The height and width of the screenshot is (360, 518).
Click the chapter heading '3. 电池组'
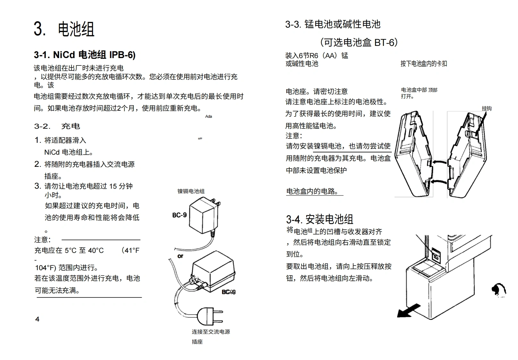pos(64,29)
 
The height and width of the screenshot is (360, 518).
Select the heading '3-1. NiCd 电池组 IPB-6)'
pos(85,55)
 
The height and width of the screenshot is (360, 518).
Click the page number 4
pos(37,319)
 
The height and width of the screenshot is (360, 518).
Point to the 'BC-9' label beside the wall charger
pos(179,215)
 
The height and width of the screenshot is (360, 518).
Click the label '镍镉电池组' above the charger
pos(191,191)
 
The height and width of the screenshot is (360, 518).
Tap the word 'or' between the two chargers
pos(180,256)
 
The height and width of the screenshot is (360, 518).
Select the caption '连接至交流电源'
pos(211,332)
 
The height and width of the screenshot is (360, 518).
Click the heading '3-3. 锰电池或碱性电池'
pos(333,24)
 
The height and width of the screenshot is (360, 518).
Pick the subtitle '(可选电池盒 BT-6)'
pos(359,42)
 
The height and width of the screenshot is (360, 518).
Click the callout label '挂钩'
pos(486,108)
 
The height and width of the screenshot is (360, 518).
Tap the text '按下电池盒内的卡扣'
pos(423,64)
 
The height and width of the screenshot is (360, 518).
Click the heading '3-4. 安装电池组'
pos(319,219)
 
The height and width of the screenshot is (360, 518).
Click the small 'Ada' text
pos(208,116)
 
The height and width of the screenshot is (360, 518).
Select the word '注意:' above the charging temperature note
pos(43,240)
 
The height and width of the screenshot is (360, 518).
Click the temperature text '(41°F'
pos(131,250)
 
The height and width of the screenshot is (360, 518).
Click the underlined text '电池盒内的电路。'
pos(312,192)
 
